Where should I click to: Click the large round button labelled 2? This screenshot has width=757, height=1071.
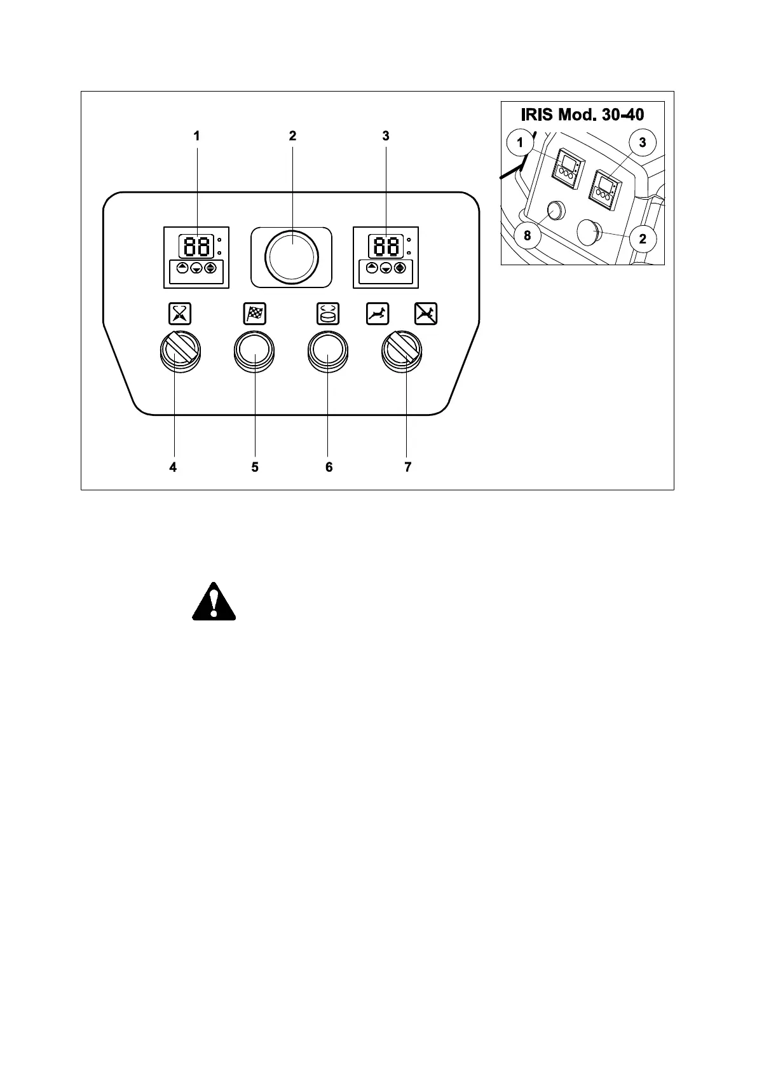tap(292, 256)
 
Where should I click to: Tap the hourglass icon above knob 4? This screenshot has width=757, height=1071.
tap(180, 313)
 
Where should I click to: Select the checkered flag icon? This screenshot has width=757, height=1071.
tap(255, 313)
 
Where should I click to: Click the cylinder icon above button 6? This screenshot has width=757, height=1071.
tap(329, 313)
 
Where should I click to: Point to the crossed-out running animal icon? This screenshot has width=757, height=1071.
tap(426, 313)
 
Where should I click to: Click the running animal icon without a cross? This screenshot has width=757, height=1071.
tap(378, 313)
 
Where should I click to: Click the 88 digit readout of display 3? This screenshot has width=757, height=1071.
tap(386, 245)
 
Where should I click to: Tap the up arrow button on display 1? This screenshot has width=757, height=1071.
tap(182, 268)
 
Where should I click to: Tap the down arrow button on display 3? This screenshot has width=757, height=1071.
tap(385, 268)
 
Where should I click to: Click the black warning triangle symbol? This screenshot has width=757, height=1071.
tap(214, 602)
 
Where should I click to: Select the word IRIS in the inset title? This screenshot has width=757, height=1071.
tap(536, 115)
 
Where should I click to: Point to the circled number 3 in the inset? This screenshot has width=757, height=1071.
tap(642, 142)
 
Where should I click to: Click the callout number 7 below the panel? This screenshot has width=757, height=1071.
tap(407, 467)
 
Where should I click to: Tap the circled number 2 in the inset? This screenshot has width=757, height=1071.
tap(642, 239)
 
